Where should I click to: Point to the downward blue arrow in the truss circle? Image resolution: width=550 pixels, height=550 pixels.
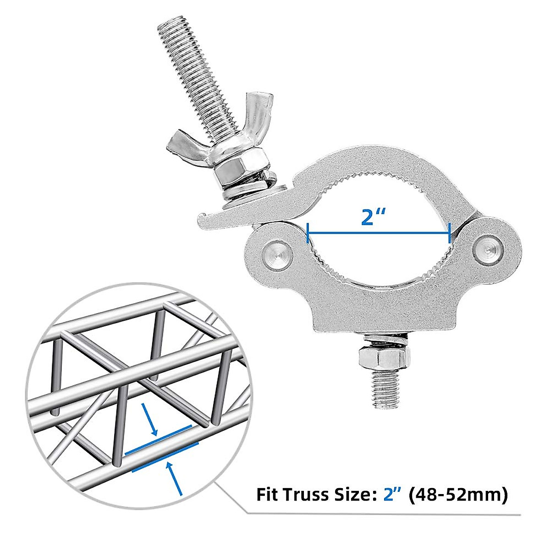[150, 418]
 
